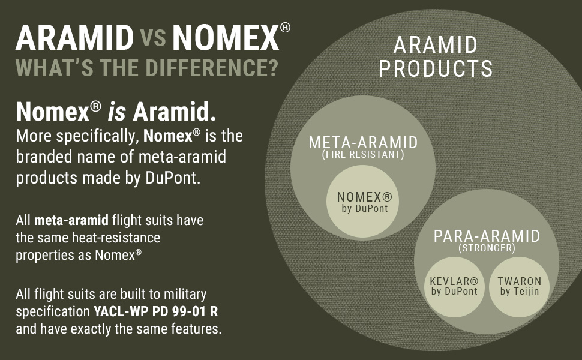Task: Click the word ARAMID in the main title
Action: pos(74,37)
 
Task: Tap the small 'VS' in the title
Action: pos(153,38)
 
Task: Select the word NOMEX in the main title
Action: pos(226,37)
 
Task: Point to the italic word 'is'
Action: pos(117,112)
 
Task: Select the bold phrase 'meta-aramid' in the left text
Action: pos(71,220)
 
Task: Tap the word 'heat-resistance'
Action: pos(116,238)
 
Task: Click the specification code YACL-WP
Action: pos(121,311)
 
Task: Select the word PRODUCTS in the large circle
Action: pos(436,68)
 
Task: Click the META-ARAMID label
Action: pos(364,143)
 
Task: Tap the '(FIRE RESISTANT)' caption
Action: pos(363,154)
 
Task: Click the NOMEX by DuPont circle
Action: pos(362,201)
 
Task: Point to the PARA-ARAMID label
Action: pos(487,236)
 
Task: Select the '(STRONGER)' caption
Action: pos(487,248)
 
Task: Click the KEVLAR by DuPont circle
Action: pos(454,287)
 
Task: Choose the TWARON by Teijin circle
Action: pos(519,287)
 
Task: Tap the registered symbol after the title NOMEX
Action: pos(285,28)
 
